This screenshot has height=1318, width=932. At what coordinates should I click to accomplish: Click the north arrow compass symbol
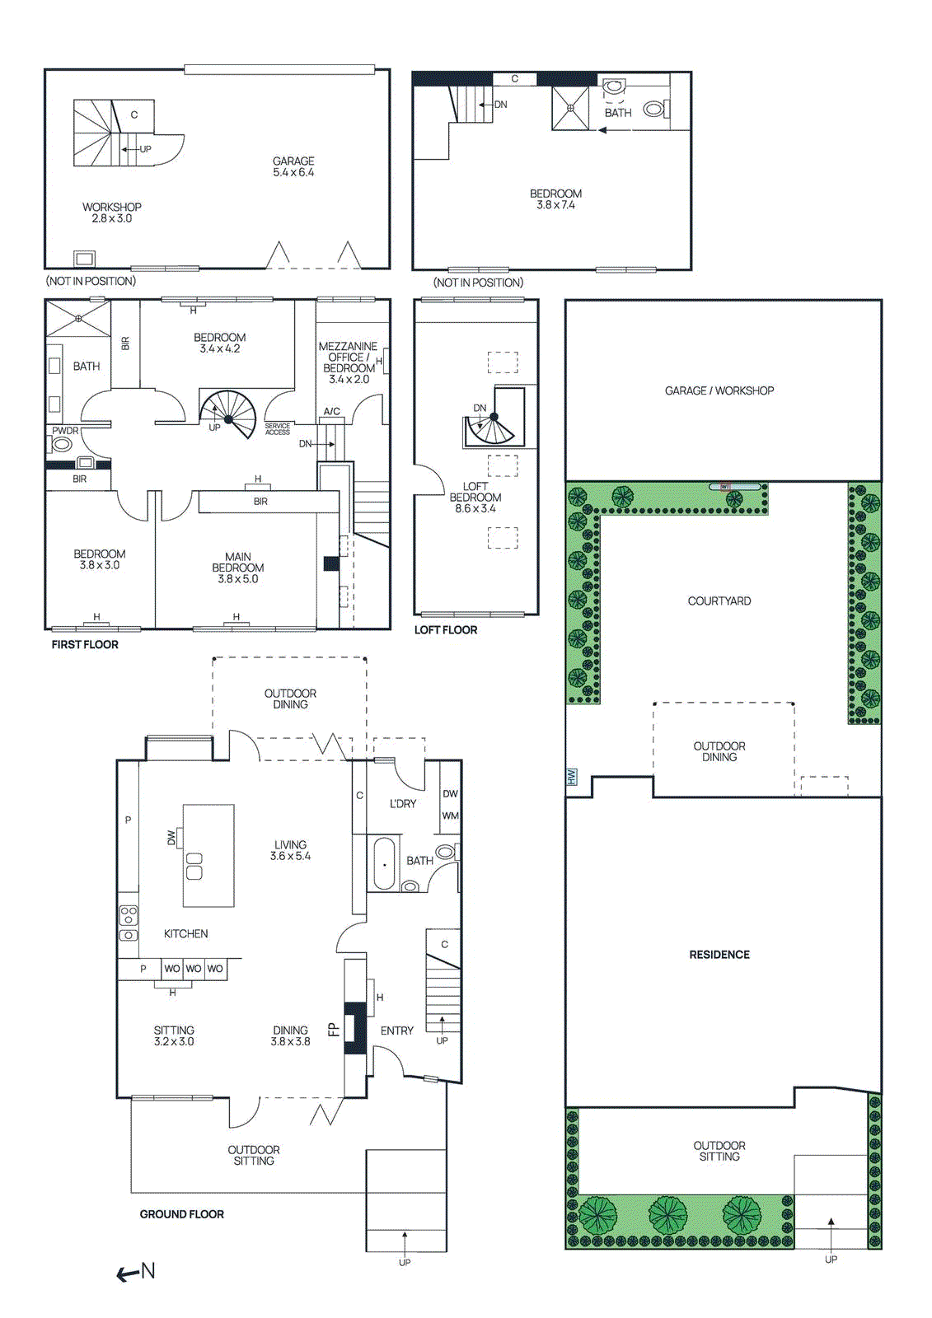(x=136, y=1272)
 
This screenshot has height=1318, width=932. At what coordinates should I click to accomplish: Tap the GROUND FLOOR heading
(x=181, y=1214)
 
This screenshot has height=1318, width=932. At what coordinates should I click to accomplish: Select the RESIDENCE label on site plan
(x=719, y=955)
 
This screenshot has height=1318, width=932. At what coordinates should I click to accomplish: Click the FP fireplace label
(x=333, y=1030)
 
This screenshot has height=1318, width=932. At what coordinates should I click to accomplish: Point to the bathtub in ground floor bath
(x=384, y=863)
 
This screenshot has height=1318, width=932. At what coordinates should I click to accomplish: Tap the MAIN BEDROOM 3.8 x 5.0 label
(x=237, y=568)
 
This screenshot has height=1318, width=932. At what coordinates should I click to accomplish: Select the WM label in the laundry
(x=450, y=816)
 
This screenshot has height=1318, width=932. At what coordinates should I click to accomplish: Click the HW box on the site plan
(x=572, y=777)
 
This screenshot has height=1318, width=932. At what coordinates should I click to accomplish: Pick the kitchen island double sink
(x=194, y=866)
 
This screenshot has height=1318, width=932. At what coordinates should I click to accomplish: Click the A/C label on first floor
(x=331, y=411)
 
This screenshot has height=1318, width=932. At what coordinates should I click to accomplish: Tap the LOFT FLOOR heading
(x=446, y=630)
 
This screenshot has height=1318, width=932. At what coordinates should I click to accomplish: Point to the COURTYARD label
(x=719, y=601)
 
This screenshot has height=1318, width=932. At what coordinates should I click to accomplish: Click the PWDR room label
(x=65, y=431)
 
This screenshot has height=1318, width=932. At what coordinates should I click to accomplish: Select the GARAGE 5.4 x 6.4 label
(x=293, y=166)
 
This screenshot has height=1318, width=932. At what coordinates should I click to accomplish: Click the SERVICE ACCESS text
(x=277, y=429)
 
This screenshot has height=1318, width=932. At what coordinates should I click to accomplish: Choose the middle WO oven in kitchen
(x=193, y=969)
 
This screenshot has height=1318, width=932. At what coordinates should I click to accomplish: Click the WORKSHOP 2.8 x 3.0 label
(x=112, y=213)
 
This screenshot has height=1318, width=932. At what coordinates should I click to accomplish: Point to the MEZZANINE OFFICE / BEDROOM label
(x=348, y=362)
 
